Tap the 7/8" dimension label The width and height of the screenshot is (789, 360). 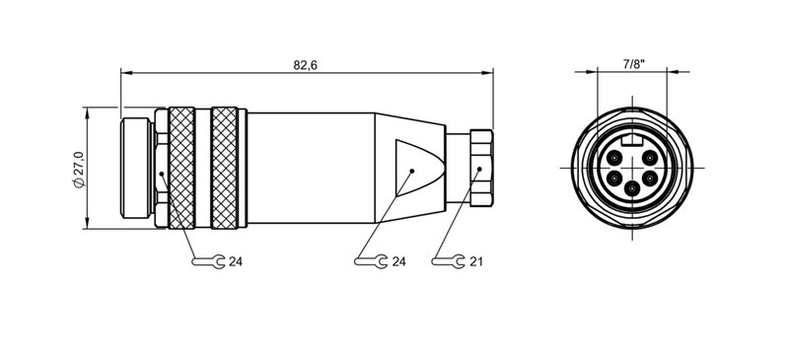pos(632,63)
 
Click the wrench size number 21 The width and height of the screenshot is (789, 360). pos(476,261)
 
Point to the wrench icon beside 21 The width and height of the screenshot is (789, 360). pos(449,261)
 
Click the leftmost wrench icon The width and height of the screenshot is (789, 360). pos(205,261)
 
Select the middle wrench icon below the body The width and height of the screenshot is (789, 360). pos(371,261)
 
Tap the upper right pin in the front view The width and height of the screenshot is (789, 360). pos(648,158)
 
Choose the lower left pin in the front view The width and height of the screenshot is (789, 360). pos(612,179)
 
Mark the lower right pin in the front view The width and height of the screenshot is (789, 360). pos(652,179)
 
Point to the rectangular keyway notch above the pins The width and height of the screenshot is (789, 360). pos(632,144)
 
